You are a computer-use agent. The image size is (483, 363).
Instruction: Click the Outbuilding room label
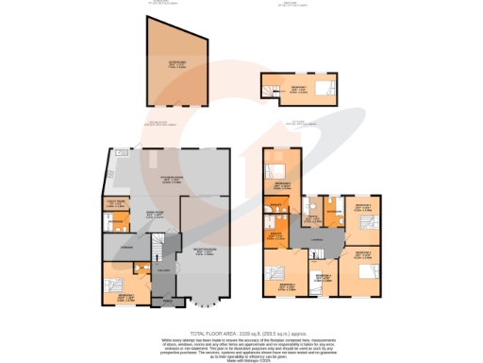point(176,63)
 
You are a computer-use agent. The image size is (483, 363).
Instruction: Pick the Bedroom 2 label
point(361,253)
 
